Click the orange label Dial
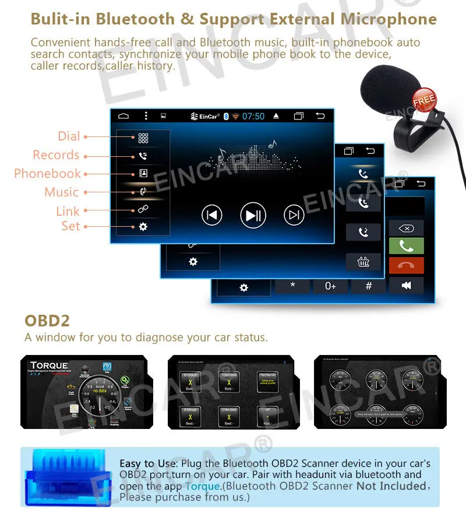(x=69, y=136)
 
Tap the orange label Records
(x=56, y=155)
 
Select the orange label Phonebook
(x=47, y=174)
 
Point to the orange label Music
(x=61, y=192)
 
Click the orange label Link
(x=68, y=211)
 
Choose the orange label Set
(x=70, y=226)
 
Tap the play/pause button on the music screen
(x=253, y=215)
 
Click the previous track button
(x=212, y=215)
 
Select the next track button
(x=294, y=215)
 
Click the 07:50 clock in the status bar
(x=253, y=116)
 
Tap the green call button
(x=406, y=245)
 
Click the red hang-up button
(x=406, y=265)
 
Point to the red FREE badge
(x=424, y=100)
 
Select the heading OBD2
(x=47, y=321)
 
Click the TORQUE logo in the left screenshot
(x=49, y=365)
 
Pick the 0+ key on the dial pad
(x=330, y=286)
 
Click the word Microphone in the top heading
(x=389, y=19)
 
